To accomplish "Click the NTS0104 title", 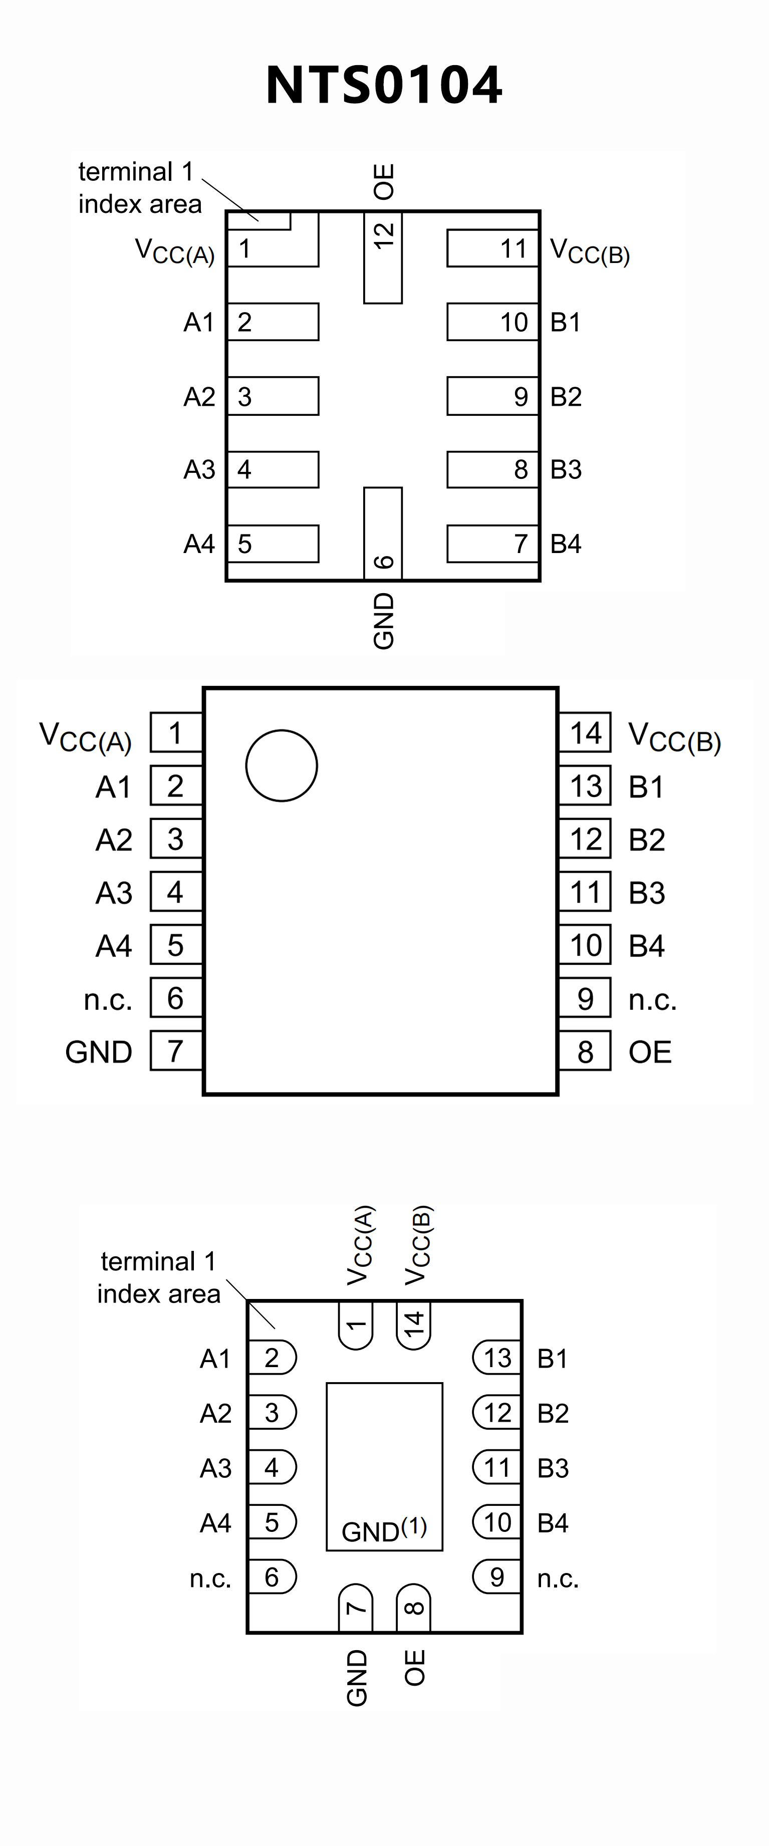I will (384, 85).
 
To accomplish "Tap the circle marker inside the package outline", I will (281, 765).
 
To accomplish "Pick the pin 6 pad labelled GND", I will (383, 533).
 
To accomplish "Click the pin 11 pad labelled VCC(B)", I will (492, 248).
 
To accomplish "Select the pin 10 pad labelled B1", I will (492, 322).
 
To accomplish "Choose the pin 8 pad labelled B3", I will (492, 469).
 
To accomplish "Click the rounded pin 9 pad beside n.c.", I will (496, 1576).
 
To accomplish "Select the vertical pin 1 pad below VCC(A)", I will (356, 1325).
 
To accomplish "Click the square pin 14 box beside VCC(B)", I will (585, 732).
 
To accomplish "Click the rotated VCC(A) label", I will (360, 1245).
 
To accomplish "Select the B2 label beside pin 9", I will (566, 396).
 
